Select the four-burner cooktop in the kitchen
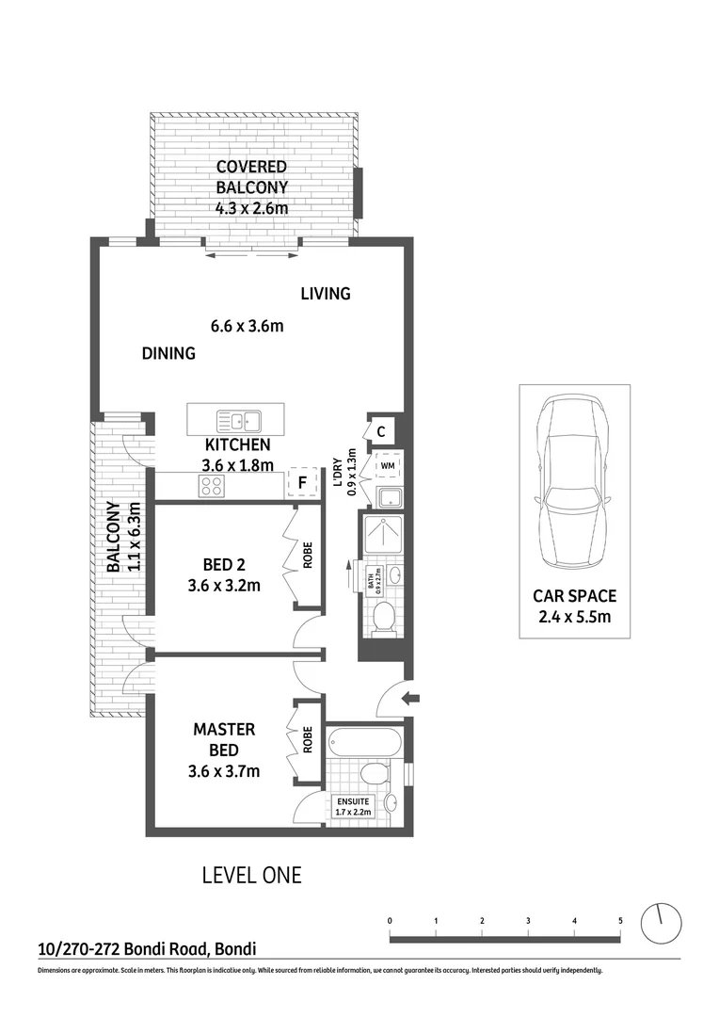(x=211, y=486)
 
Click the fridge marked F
(x=301, y=482)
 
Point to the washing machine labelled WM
(x=388, y=465)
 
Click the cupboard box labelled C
(x=380, y=432)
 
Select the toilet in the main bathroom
(x=384, y=617)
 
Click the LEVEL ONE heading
(x=252, y=875)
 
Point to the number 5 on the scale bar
(x=620, y=920)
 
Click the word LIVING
(x=326, y=294)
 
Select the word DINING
(x=168, y=354)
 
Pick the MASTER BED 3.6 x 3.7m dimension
(x=226, y=771)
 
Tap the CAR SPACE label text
(x=574, y=595)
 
